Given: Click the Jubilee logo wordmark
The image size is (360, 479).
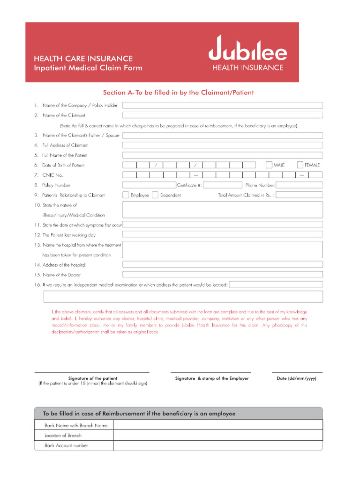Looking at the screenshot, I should [247, 50].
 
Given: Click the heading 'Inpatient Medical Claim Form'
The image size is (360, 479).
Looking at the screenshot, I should [88, 68].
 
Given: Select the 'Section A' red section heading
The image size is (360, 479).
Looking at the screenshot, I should [178, 93].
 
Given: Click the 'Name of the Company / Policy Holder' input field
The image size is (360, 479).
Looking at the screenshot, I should [222, 105].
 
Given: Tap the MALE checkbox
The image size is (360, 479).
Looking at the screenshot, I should [269, 165].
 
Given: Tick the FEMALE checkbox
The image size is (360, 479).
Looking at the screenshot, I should [300, 165].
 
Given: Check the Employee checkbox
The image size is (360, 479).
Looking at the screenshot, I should [126, 195].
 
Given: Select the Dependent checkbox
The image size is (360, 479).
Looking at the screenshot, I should [155, 195].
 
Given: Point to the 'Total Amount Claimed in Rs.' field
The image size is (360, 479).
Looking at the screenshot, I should [299, 195].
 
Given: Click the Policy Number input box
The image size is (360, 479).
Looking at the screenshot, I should [149, 185].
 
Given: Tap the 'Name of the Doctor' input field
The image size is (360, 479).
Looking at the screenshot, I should [222, 275].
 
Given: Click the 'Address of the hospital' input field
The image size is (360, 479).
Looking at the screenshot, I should [222, 264].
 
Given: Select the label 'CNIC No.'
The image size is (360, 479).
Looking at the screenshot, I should [52, 175].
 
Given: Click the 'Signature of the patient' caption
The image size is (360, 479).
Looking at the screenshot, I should [93, 378].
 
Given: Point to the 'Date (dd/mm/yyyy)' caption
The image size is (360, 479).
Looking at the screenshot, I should [296, 378].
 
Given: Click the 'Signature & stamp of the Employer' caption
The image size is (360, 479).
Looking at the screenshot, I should [212, 378].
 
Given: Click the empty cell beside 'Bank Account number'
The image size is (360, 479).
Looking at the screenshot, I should [217, 446].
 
